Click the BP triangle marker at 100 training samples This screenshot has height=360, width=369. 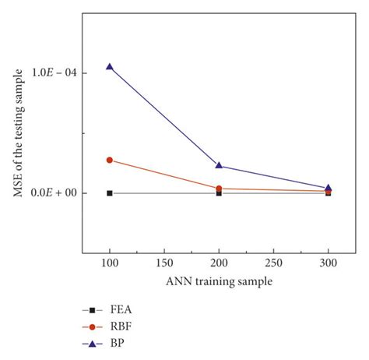coord(110,67)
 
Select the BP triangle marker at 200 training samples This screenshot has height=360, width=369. coord(219,165)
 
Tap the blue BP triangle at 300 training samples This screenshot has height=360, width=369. coord(328,188)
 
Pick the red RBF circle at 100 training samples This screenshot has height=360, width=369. coord(110,160)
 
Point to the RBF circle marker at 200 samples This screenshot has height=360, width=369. coord(219,189)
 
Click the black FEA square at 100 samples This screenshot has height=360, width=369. coord(110,192)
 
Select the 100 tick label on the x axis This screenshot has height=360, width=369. coord(110,265)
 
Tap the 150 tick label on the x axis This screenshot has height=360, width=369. coord(164,265)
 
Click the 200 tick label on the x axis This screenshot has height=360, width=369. coord(219,265)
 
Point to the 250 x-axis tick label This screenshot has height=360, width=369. coord(273,265)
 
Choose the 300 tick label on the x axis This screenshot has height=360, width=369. coord(328,265)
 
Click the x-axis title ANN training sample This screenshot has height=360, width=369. coord(218,282)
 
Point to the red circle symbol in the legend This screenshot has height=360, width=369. coord(93,326)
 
